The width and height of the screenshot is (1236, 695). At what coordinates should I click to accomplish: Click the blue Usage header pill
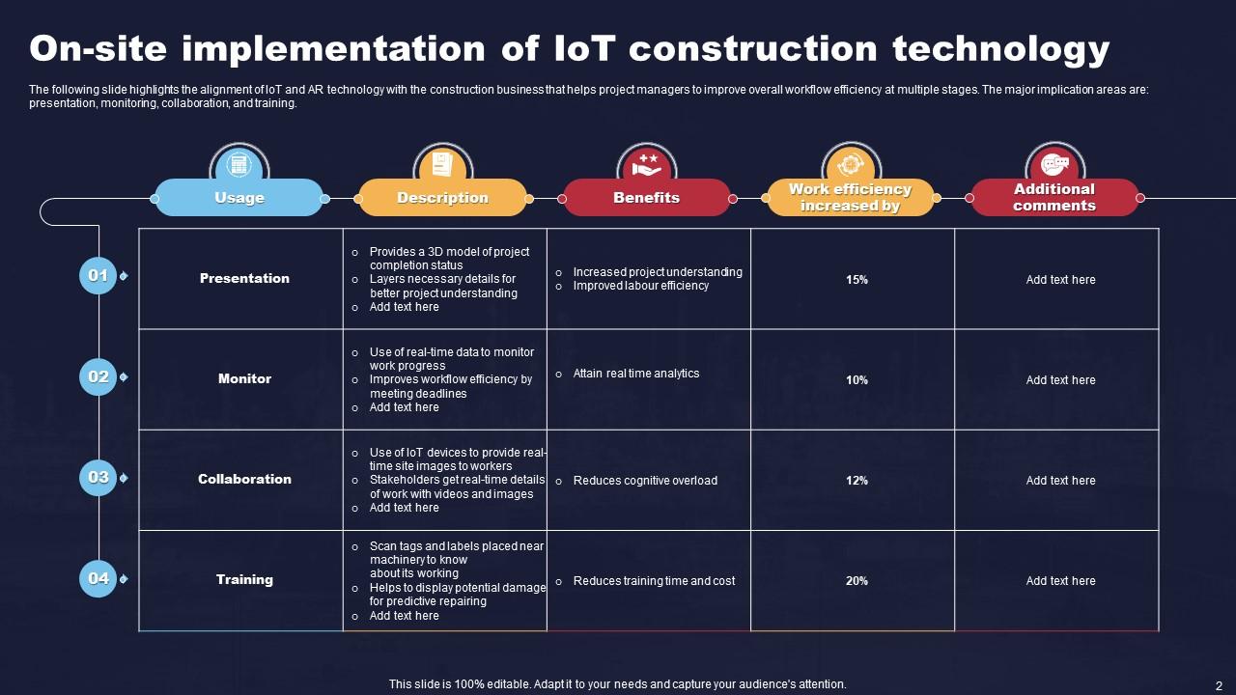[239, 198]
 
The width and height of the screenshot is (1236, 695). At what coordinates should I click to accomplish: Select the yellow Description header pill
[442, 198]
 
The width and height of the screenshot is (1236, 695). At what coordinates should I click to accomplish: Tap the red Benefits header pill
[646, 198]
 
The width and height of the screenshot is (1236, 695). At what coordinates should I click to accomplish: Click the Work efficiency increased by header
[850, 198]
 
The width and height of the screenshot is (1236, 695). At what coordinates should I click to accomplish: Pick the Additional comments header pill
[1053, 198]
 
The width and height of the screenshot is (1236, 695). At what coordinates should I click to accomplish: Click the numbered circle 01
[98, 276]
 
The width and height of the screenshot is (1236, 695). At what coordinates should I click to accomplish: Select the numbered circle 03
[98, 477]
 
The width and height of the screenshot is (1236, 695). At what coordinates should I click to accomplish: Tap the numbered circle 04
[98, 578]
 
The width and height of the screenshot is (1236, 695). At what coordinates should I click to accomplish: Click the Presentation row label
[244, 279]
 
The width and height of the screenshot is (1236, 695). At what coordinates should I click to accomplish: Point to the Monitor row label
[244, 379]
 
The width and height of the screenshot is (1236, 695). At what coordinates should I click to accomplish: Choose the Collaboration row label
[244, 480]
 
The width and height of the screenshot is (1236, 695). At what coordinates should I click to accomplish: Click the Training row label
[244, 580]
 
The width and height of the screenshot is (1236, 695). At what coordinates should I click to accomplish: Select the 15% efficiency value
[857, 280]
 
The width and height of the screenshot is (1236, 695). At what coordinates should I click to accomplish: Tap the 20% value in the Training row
[857, 581]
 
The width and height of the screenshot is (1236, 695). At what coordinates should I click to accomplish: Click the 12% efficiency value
[857, 481]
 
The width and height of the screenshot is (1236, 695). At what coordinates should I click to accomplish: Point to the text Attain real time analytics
[635, 374]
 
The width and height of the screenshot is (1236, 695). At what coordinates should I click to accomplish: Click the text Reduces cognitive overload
[645, 481]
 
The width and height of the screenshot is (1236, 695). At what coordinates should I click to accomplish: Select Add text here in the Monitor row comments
[1060, 380]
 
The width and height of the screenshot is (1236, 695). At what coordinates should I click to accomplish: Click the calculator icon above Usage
[239, 163]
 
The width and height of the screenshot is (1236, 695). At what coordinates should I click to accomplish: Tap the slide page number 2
[1219, 683]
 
